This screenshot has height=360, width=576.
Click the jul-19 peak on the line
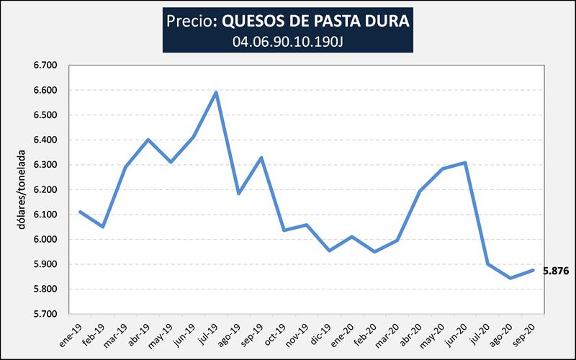tap(216, 92)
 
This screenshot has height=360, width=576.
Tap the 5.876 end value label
tap(555, 271)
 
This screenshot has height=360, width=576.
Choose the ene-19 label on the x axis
tap(71, 333)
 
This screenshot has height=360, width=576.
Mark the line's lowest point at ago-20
tap(510, 278)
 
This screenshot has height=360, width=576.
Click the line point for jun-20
tap(465, 163)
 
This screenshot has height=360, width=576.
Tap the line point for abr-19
tap(148, 140)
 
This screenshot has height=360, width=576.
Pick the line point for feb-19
tap(102, 227)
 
